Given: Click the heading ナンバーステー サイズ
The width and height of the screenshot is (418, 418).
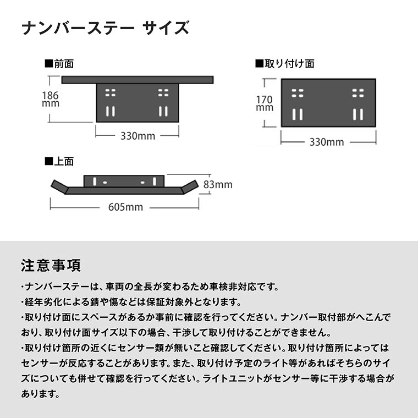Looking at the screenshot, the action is pos(105,28).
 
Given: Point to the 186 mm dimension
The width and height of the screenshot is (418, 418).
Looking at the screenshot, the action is pos(51,99).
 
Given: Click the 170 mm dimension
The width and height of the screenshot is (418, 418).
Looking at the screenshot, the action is pos(265,103).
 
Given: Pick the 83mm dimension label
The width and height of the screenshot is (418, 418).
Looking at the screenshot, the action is pos(218,184).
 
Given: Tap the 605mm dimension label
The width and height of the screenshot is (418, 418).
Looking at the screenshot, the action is pos(125,207).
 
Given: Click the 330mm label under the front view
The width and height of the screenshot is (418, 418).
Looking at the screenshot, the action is pos(138,136).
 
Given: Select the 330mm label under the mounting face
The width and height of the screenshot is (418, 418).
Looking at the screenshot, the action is pos(327,142).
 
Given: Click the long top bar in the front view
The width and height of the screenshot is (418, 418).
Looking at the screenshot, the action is pos(137,80).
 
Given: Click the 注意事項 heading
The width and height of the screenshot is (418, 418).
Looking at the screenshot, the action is pos(51,266).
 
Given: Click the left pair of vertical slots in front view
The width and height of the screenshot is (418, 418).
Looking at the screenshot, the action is pos(111,112).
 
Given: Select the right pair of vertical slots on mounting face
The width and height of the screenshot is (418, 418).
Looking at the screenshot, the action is pos(358,114).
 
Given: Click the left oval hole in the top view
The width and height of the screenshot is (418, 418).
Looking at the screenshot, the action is pos(105,183).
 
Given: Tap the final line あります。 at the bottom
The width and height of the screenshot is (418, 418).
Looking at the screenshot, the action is pos(41,394).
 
